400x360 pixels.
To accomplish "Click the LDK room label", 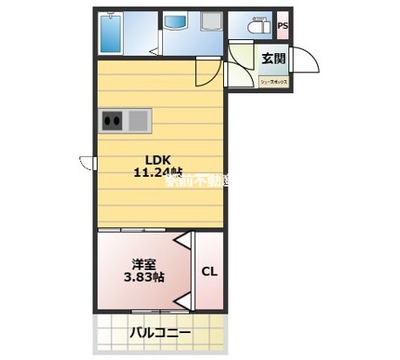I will (x=157, y=160).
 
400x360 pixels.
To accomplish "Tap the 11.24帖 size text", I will (x=157, y=173).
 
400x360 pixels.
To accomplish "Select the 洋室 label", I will (x=143, y=262).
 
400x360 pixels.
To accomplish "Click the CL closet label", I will (x=209, y=271).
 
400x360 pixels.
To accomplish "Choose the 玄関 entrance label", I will (x=272, y=59).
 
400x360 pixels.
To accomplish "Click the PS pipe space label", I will (x=283, y=26).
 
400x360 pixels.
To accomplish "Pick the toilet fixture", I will (x=259, y=27).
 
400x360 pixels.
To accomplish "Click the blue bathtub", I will (x=111, y=33).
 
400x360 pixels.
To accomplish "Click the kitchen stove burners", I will (x=112, y=120).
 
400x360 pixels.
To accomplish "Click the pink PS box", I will (x=283, y=26).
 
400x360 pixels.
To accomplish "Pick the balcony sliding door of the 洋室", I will (x=157, y=311).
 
